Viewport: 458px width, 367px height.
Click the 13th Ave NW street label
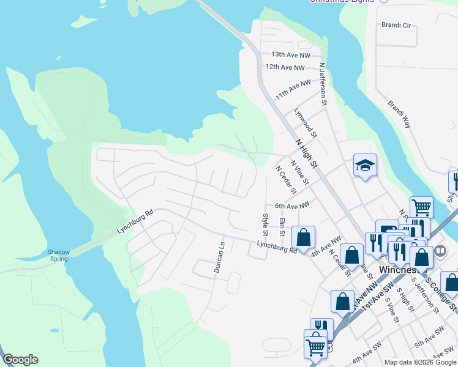coord(291,54)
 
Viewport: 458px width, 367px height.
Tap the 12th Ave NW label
coord(285,67)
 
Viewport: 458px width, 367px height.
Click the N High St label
coord(307,154)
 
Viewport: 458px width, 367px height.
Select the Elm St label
coord(282,226)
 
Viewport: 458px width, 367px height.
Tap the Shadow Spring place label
coord(59,255)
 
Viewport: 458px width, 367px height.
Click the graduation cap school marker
coord(364,165)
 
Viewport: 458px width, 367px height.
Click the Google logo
coord(20,360)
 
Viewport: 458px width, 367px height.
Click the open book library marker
coord(440,252)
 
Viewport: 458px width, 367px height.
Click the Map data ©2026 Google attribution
coord(420,362)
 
